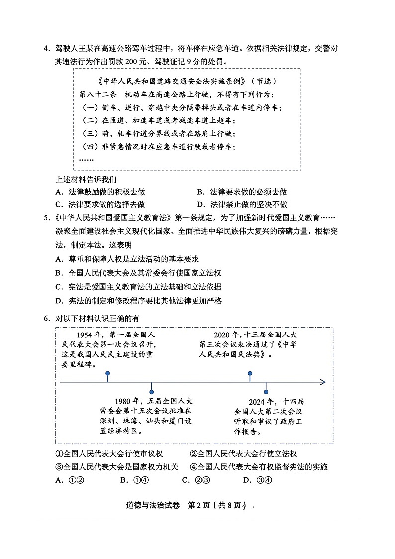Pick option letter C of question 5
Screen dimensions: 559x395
[x=58, y=287]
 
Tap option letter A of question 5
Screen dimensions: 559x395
[x=58, y=259]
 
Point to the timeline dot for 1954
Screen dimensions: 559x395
[x=107, y=373]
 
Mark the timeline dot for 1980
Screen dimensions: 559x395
[x=152, y=392]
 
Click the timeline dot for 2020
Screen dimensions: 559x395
[x=250, y=373]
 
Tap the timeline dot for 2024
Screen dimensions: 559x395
[x=266, y=392]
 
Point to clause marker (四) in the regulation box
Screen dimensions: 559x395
[x=90, y=147]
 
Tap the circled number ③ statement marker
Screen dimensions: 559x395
[x=59, y=467]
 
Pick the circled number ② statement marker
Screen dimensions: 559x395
[x=194, y=454]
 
